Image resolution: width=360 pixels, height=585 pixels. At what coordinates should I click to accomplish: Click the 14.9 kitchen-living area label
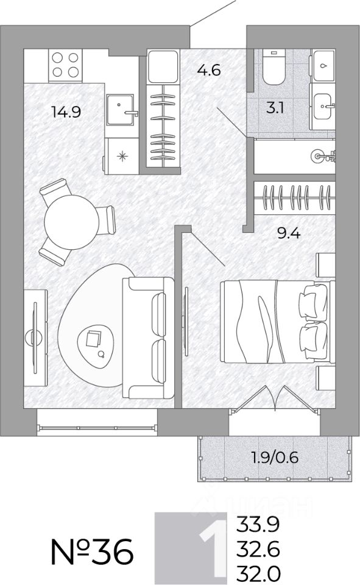(66, 112)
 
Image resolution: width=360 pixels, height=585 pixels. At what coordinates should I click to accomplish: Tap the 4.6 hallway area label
(209, 69)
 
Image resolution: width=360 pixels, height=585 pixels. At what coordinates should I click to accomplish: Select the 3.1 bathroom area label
(275, 108)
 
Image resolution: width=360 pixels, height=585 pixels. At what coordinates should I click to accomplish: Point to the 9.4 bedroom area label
(289, 233)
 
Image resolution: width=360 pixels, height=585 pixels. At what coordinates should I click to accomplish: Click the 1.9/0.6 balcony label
(275, 457)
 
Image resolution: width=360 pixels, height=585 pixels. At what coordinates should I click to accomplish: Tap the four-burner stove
(65, 65)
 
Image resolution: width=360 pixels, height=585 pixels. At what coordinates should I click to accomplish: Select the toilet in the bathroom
(274, 66)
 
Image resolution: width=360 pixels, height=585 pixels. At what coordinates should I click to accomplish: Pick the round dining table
(72, 222)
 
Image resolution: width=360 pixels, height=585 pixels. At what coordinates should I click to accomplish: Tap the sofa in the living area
(148, 338)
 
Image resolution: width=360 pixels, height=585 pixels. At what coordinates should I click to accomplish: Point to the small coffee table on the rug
(96, 343)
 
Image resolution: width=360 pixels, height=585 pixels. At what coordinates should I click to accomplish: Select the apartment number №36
(92, 551)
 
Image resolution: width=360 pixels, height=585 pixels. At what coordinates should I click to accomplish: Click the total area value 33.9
(258, 525)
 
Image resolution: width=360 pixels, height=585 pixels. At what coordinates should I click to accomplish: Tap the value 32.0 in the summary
(258, 572)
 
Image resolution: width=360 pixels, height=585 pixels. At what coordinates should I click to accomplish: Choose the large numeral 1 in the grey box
(213, 547)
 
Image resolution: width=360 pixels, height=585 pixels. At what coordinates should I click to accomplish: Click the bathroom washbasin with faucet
(323, 106)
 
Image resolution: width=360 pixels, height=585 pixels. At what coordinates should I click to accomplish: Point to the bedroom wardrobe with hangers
(295, 197)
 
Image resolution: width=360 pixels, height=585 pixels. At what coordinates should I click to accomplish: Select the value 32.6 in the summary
(258, 548)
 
